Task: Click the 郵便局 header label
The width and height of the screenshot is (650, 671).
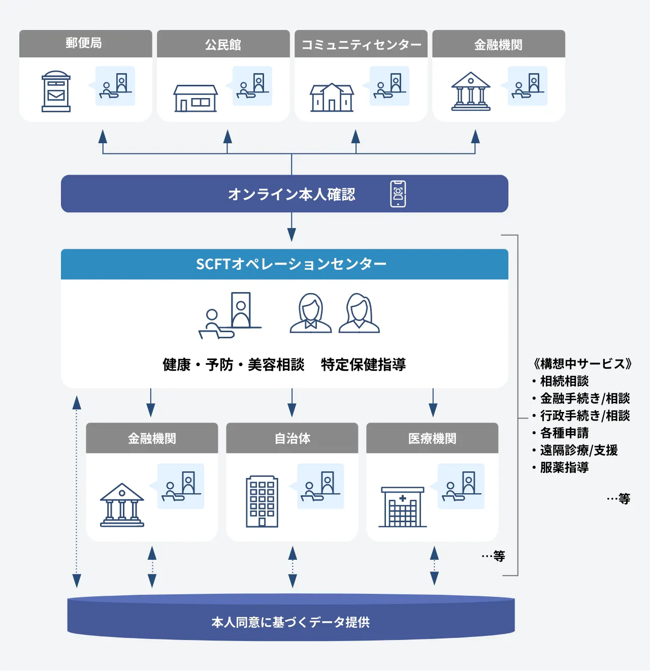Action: pyautogui.click(x=84, y=43)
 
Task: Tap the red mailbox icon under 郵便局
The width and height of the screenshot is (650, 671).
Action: pyautogui.click(x=56, y=91)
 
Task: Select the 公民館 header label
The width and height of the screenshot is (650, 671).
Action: pyautogui.click(x=223, y=45)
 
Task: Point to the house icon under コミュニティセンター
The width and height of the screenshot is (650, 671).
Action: pyautogui.click(x=332, y=97)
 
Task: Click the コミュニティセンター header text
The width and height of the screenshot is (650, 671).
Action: pyautogui.click(x=361, y=45)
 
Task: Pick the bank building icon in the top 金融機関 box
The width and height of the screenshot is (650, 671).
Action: pyautogui.click(x=471, y=91)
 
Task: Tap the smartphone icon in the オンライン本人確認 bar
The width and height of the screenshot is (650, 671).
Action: pyautogui.click(x=398, y=194)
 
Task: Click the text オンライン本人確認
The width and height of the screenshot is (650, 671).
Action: pyautogui.click(x=291, y=194)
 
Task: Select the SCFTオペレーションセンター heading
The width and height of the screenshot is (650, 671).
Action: pyautogui.click(x=291, y=264)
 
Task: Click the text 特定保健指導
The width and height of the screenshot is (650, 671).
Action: pyautogui.click(x=363, y=364)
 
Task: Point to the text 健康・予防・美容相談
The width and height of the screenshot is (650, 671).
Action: pyautogui.click(x=233, y=364)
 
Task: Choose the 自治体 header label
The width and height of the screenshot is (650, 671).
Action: pyautogui.click(x=292, y=438)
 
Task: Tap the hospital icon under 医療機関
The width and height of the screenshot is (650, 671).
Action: pyautogui.click(x=402, y=507)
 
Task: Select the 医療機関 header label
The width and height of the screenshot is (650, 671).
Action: pyautogui.click(x=432, y=438)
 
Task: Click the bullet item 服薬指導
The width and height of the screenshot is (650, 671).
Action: pyautogui.click(x=564, y=467)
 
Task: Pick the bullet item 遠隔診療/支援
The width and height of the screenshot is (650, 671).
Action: pyautogui.click(x=578, y=450)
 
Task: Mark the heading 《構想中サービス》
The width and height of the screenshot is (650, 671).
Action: pyautogui.click(x=582, y=364)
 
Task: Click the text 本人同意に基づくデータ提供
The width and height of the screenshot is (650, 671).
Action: pyautogui.click(x=290, y=622)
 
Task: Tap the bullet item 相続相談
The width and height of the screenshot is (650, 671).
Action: pyautogui.click(x=564, y=381)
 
